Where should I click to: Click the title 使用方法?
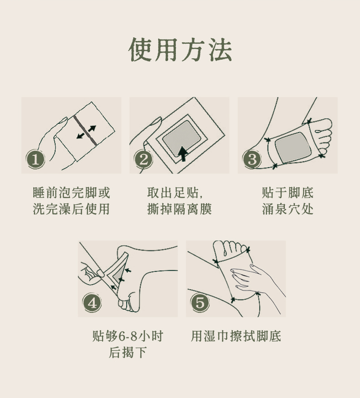pyautogui.click(x=180, y=50)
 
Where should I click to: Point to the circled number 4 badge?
pyautogui.click(x=92, y=303)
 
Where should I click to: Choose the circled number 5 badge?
pyautogui.click(x=200, y=303)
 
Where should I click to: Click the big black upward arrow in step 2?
pyautogui.click(x=183, y=153)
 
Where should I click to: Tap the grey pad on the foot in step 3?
pyautogui.click(x=293, y=148)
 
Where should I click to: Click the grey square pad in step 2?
pyautogui.click(x=182, y=138)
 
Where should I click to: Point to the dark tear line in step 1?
pyautogui.click(x=85, y=130)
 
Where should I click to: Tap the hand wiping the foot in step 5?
pyautogui.click(x=257, y=279)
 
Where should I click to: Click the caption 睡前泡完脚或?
pyautogui.click(x=72, y=193)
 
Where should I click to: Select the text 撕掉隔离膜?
pyautogui.click(x=180, y=209)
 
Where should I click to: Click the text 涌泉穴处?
pyautogui.click(x=288, y=209)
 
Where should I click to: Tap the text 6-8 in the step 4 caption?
pyautogui.click(x=128, y=337)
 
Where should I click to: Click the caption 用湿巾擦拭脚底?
pyautogui.click(x=236, y=336)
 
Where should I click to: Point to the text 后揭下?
pyautogui.click(x=128, y=352)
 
